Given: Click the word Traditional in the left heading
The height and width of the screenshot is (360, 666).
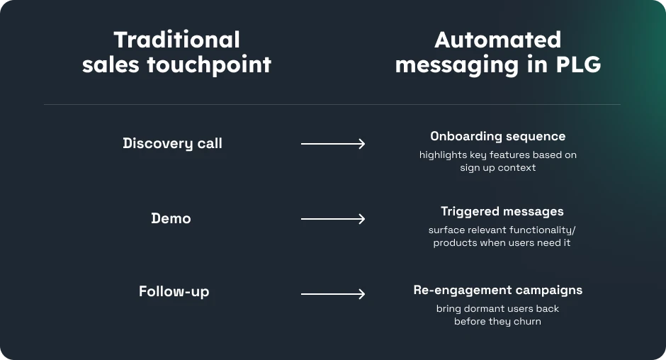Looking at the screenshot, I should click(176, 40).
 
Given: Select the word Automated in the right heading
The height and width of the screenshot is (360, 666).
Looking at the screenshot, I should click(497, 40).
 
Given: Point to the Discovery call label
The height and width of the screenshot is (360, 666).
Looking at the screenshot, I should click(172, 143).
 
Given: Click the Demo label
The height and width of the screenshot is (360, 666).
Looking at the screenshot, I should click(171, 218).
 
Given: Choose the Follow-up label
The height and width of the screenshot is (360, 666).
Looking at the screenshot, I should click(174, 292).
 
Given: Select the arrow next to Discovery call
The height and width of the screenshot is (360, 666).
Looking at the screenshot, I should click(333, 144).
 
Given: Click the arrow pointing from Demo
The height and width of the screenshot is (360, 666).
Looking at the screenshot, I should click(333, 219).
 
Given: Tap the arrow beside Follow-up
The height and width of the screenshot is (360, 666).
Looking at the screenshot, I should click(333, 293).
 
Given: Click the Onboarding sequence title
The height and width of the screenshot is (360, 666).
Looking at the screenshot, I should click(497, 136).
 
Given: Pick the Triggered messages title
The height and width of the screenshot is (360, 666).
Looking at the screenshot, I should click(502, 211).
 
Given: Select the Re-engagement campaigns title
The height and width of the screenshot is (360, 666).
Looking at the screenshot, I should click(497, 290).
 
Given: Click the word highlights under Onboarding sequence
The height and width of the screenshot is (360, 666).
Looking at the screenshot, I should click(443, 155).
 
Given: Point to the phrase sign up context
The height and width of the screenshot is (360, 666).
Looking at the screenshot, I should click(497, 168).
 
